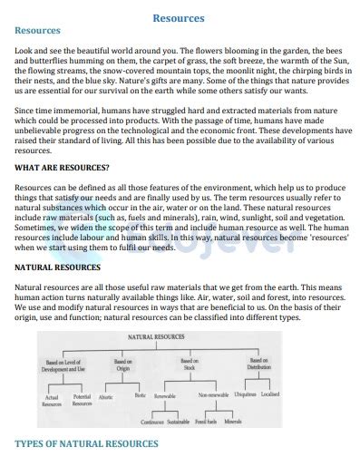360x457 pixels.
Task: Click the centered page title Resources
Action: click(180, 17)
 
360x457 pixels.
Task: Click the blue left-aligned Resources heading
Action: click(38, 30)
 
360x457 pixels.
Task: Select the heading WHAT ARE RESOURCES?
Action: click(63, 168)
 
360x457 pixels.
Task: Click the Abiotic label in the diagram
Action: click(105, 397)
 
